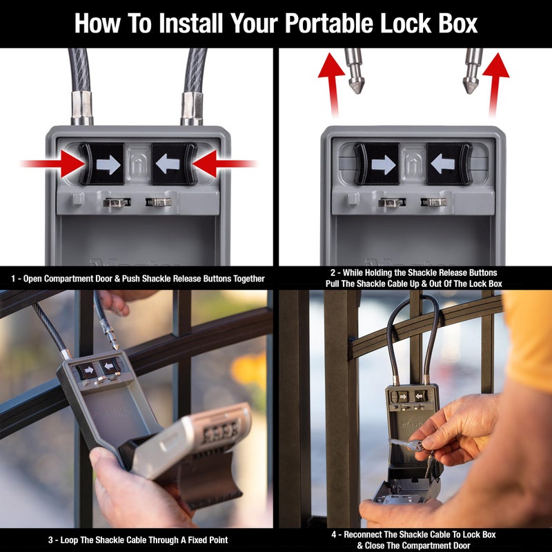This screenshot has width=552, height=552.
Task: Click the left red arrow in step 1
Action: click(55, 164)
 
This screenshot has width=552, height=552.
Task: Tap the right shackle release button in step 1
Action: click(174, 164)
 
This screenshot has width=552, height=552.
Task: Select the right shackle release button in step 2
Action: click(448, 164)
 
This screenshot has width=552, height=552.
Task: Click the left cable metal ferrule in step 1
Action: click(81, 108)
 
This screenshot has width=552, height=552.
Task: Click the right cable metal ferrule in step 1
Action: click(191, 108)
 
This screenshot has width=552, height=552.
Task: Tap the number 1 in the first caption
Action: click(13, 279)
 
